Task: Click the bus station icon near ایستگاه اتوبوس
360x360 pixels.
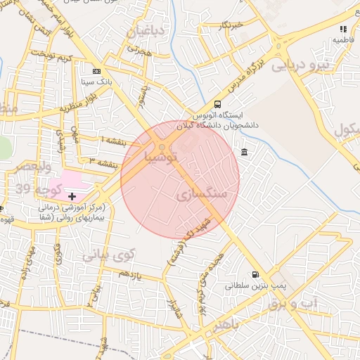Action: click(x=217, y=104)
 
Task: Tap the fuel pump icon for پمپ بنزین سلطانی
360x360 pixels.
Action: click(x=255, y=275)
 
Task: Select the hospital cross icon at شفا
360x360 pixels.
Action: click(x=72, y=195)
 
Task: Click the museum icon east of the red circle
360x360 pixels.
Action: click(x=244, y=153)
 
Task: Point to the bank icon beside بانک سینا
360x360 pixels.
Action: click(x=96, y=71)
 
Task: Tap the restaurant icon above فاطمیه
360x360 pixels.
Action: click(x=343, y=29)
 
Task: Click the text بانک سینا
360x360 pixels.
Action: click(x=97, y=82)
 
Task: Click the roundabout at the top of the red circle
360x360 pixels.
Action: click(x=162, y=147)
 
